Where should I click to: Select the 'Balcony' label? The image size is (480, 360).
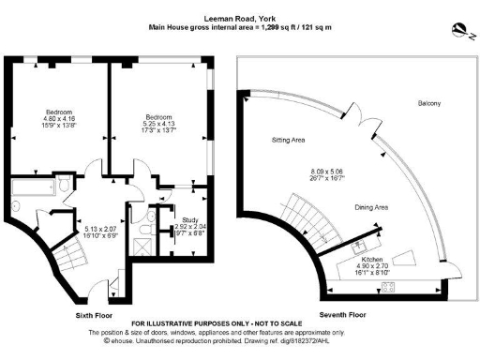click(428, 103)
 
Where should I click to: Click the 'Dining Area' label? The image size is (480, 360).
click(370, 207)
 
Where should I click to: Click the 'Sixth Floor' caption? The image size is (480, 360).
click(97, 316)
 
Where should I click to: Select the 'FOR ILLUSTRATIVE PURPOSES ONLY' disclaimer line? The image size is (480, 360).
click(217, 324)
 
